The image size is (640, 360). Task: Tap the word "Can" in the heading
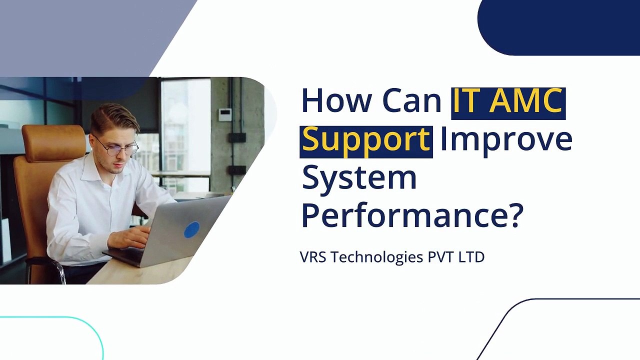click(412, 100)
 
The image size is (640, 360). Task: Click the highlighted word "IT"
click(467, 100)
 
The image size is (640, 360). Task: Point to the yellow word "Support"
click(366, 140)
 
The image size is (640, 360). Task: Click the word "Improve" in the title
click(506, 140)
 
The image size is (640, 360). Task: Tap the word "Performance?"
click(411, 215)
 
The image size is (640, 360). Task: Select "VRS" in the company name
click(313, 257)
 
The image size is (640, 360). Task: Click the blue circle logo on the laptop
click(191, 230)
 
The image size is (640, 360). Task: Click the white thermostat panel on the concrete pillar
click(225, 114)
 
